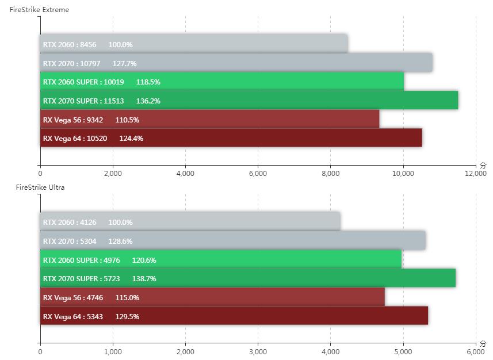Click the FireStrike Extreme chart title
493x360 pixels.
click(39, 10)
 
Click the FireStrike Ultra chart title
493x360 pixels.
click(40, 187)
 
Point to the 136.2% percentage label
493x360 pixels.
click(148, 101)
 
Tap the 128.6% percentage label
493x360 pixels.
click(120, 242)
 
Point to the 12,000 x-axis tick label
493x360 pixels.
click(475, 174)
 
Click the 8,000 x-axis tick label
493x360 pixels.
click(330, 174)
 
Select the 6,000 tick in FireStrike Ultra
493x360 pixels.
click(475, 351)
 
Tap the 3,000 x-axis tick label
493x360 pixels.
click(258, 351)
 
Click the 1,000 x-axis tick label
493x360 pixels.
click(113, 351)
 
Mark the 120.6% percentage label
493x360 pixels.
click(144, 261)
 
